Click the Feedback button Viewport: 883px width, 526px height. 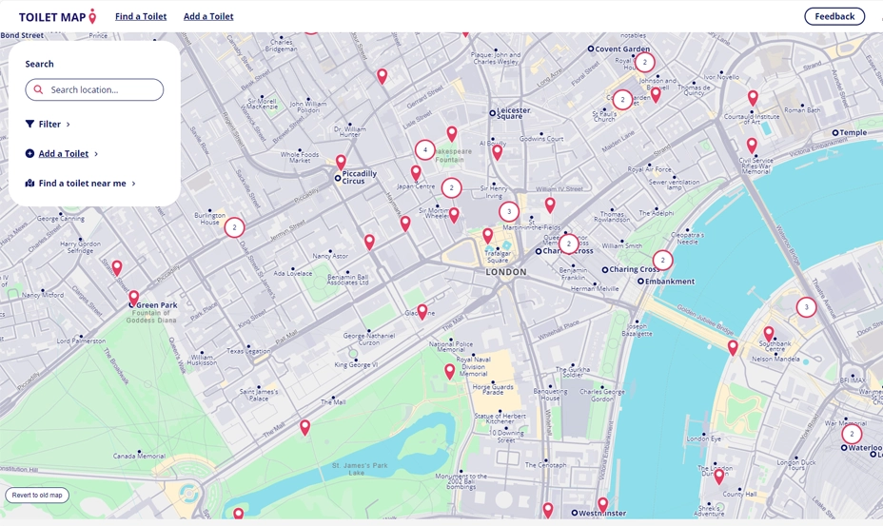834,16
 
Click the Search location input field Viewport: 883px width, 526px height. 94,89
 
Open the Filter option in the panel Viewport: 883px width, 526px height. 49,124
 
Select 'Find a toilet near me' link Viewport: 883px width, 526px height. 82,184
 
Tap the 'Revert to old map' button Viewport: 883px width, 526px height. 37,495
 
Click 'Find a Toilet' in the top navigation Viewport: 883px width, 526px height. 141,16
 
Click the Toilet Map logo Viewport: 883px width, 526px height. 57,16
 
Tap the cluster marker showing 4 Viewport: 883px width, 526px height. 425,150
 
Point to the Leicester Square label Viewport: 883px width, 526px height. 513,113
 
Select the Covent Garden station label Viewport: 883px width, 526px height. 622,49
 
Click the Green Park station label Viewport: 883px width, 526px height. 156,305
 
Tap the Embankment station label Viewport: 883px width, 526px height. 670,282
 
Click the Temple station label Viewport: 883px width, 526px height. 853,133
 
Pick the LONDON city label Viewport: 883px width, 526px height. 506,272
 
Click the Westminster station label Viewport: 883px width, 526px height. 601,514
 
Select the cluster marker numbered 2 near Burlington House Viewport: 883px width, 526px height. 234,227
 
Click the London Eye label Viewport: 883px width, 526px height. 704,438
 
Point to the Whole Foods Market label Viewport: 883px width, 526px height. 300,157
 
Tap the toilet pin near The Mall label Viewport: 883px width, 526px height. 305,427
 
